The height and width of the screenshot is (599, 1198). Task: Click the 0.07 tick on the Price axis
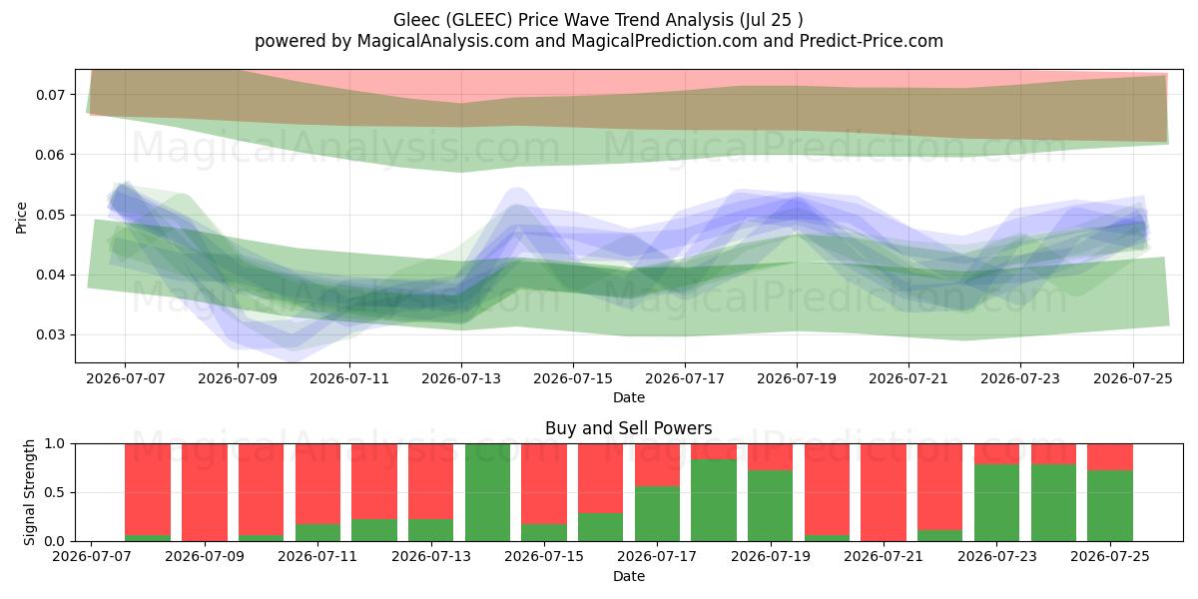click(x=50, y=95)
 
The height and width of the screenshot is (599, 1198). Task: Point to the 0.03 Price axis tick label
click(x=50, y=335)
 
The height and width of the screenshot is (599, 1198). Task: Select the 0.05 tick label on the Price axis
click(x=50, y=215)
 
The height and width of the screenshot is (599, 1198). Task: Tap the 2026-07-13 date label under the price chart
click(x=461, y=378)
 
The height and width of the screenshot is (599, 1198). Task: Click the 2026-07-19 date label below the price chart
click(x=797, y=378)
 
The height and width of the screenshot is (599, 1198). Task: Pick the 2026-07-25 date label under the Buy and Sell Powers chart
click(x=1110, y=556)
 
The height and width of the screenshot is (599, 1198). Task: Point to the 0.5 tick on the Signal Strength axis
click(x=55, y=492)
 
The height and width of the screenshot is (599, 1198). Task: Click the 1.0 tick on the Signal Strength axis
click(x=55, y=443)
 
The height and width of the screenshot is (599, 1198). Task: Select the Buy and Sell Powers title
click(x=628, y=428)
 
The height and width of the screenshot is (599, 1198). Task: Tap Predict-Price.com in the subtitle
click(x=872, y=41)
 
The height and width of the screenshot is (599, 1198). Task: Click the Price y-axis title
click(x=21, y=218)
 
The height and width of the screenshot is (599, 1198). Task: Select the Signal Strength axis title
click(x=29, y=492)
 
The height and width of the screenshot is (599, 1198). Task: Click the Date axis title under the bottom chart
click(x=628, y=576)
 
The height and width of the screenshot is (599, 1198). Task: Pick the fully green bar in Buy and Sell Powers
click(x=487, y=492)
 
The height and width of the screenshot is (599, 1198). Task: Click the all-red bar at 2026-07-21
click(x=884, y=492)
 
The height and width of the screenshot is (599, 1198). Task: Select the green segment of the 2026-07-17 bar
click(x=657, y=513)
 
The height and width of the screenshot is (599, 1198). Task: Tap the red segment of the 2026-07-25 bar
click(x=1110, y=457)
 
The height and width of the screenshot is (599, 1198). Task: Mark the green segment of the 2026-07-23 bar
click(x=996, y=503)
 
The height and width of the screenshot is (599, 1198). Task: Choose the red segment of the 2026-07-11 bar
click(x=317, y=484)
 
